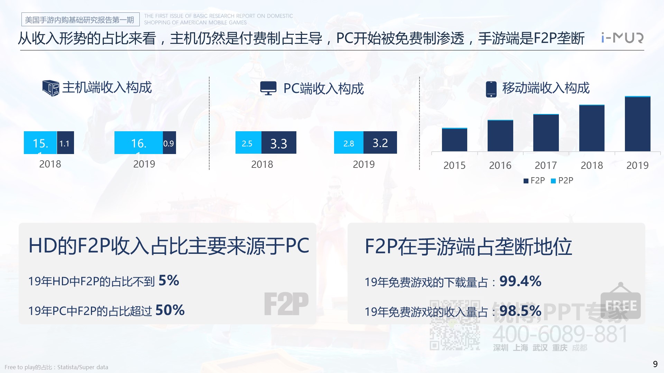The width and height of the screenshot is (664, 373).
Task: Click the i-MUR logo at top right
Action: pyautogui.click(x=622, y=38)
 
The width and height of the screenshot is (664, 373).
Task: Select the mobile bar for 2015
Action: pyautogui.click(x=454, y=140)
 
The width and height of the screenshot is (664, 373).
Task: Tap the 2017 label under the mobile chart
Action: pyautogui.click(x=546, y=165)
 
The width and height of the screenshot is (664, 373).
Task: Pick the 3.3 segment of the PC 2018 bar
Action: pyautogui.click(x=279, y=143)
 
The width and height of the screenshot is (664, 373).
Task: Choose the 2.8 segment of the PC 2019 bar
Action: pyautogui.click(x=349, y=143)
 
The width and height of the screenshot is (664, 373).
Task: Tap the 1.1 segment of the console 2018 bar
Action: pyautogui.click(x=65, y=143)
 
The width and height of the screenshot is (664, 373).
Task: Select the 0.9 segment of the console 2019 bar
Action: pyautogui.click(x=169, y=143)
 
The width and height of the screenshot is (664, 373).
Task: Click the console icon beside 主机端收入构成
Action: pyautogui.click(x=50, y=88)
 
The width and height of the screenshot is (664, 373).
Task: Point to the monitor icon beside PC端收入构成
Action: pyautogui.click(x=268, y=88)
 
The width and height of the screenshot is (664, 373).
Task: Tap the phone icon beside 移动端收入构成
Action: pyautogui.click(x=491, y=89)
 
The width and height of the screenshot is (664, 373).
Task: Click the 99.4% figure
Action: pyautogui.click(x=520, y=281)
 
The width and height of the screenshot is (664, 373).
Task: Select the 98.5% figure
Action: pyautogui.click(x=520, y=311)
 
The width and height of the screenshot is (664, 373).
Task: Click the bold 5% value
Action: pyautogui.click(x=169, y=280)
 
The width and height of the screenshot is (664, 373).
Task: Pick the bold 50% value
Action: pyautogui.click(x=170, y=310)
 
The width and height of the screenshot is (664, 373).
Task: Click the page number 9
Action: pyautogui.click(x=655, y=364)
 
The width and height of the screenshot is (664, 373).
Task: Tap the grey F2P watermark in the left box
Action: pyautogui.click(x=286, y=304)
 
